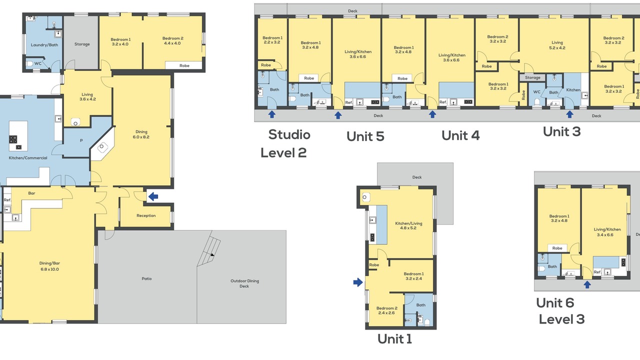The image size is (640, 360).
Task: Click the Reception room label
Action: [146, 215]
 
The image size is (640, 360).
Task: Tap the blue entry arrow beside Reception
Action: [153, 196]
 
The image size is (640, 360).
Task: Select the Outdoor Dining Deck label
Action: [244, 283]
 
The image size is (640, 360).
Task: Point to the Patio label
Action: [146, 278]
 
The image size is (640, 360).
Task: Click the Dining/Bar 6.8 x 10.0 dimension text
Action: [49, 269]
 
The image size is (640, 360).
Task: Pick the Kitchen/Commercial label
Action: [28, 157]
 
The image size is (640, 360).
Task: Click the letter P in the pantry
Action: [81, 140]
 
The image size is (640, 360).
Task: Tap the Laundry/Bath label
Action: [44, 45]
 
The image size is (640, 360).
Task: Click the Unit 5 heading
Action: [365, 136]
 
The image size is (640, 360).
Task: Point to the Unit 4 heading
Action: [460, 135]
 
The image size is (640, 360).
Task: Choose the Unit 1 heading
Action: [394, 339]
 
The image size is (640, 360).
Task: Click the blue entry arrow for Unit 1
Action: [358, 282]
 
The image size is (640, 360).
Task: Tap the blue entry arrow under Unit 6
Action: [587, 284]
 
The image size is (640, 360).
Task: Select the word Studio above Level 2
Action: [289, 135]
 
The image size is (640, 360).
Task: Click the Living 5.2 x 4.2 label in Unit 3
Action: [557, 45]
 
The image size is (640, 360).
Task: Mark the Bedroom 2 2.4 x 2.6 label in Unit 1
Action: [386, 310]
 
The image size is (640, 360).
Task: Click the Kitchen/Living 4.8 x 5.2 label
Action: [408, 225]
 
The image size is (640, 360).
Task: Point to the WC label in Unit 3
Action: [537, 92]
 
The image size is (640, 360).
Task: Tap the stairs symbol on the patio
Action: [209, 248]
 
